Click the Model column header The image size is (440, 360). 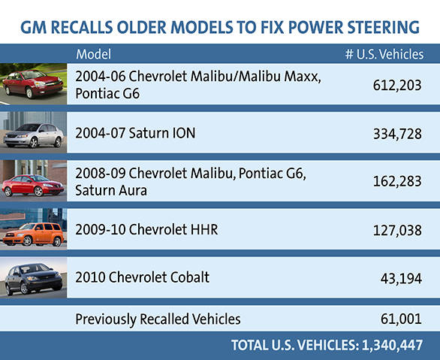(x=93, y=54)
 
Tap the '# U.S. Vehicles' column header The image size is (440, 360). (x=383, y=54)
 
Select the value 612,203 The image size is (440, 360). (x=397, y=85)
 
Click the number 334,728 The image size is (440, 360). (x=397, y=134)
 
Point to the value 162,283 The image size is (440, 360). (x=397, y=182)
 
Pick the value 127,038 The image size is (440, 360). (x=397, y=230)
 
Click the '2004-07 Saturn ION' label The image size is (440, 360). (x=125, y=133)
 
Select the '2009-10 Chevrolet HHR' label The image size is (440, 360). (x=146, y=229)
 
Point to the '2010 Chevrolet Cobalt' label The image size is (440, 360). (x=143, y=277)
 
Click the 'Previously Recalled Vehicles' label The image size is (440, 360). (x=158, y=319)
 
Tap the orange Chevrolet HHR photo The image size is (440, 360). (x=34, y=229)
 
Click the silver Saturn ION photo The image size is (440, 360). (x=34, y=133)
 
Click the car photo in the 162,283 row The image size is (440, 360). (x=34, y=181)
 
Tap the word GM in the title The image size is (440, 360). (x=33, y=28)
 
